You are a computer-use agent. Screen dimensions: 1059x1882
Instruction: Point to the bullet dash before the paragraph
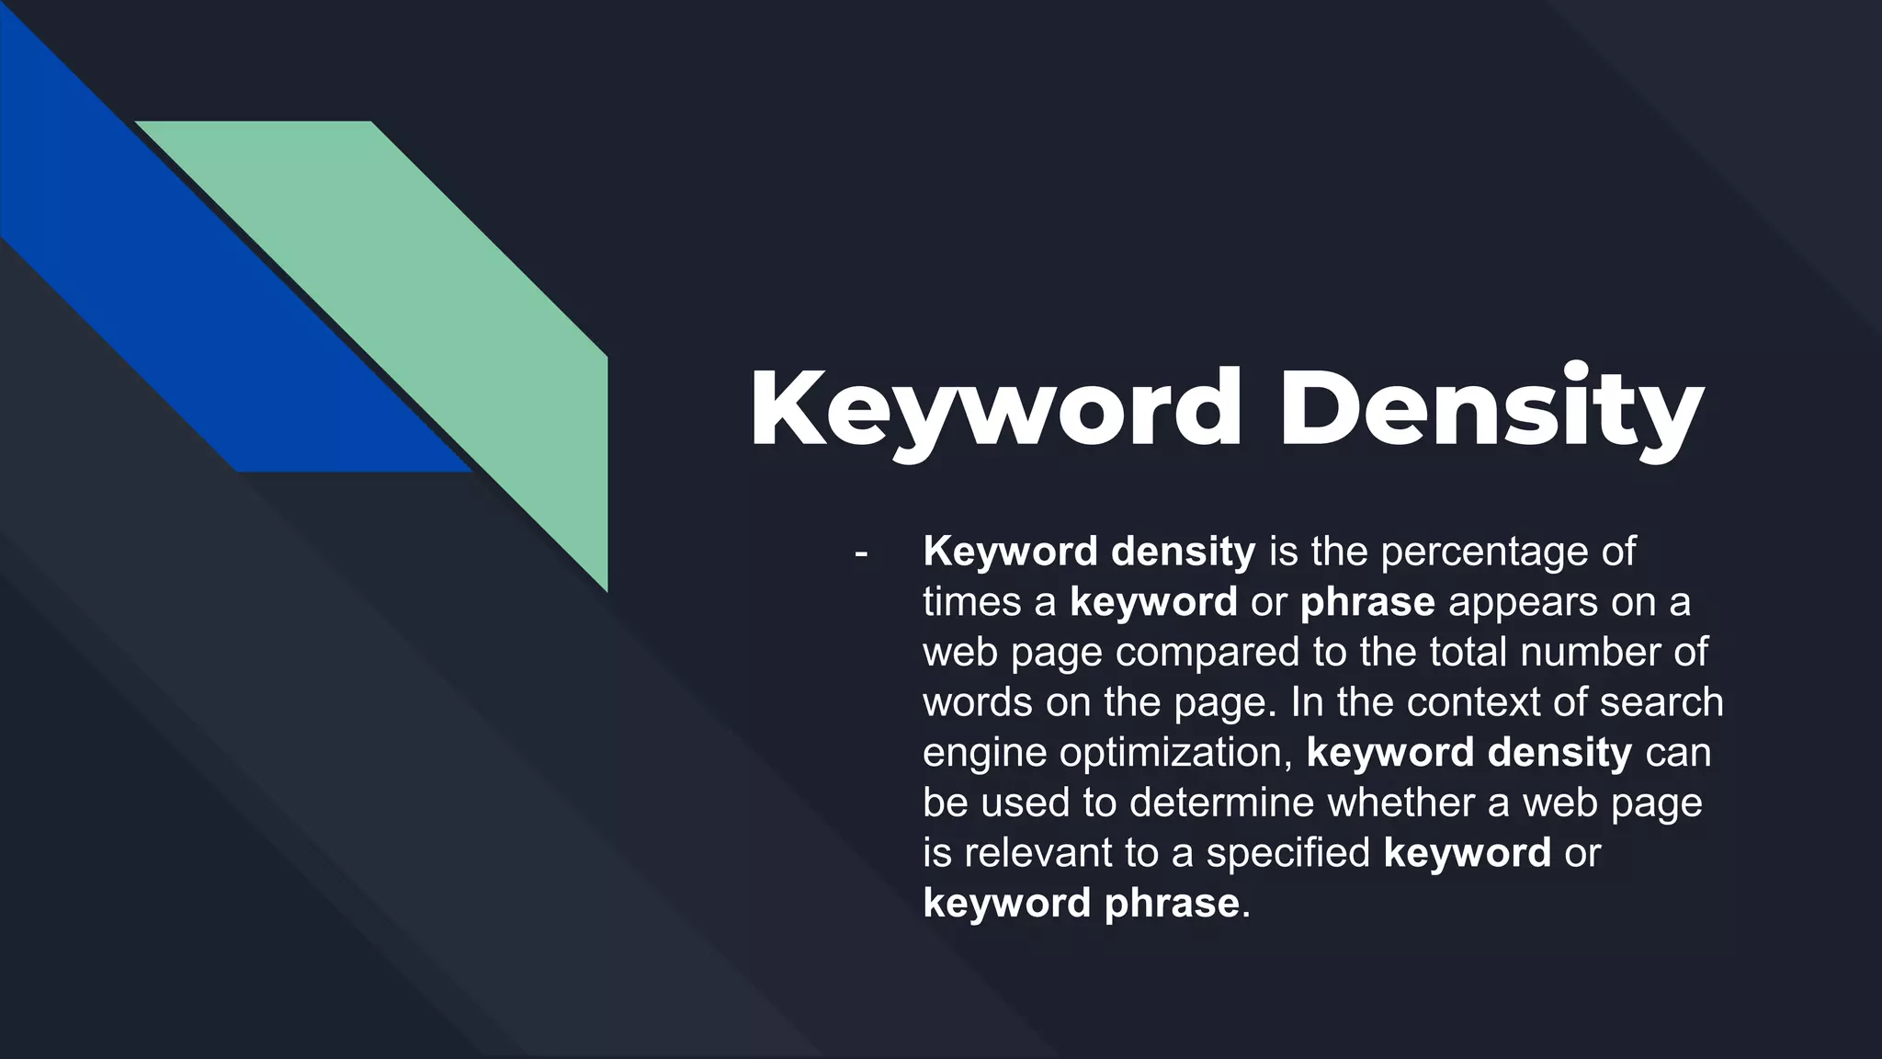(x=861, y=553)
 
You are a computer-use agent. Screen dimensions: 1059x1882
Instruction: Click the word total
(x=1468, y=653)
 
